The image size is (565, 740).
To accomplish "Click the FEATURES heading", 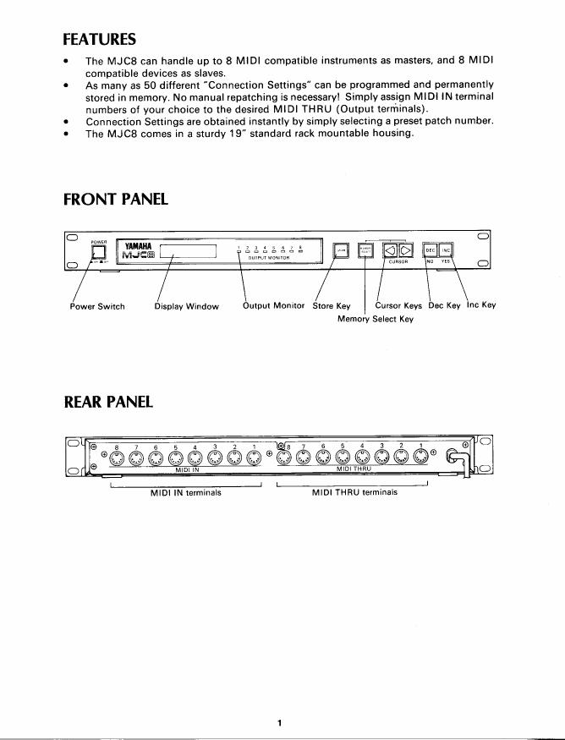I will coord(99,39).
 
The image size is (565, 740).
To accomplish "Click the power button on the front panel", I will coord(99,251).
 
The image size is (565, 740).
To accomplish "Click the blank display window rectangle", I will coord(188,251).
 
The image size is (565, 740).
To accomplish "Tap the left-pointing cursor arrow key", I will coord(391,249).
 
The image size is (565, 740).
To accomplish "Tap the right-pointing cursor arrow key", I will coord(405,249).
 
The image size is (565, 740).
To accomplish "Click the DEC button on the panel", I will coord(430,249).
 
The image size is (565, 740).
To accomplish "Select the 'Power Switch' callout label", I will coord(97,306).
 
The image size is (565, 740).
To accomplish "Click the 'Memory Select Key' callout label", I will coord(376,319).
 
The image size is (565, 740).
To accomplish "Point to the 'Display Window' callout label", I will coord(186,306).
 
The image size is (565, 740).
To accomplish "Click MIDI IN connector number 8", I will coord(118,459).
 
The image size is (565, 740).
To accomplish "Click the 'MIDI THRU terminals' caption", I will coord(354,491).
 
